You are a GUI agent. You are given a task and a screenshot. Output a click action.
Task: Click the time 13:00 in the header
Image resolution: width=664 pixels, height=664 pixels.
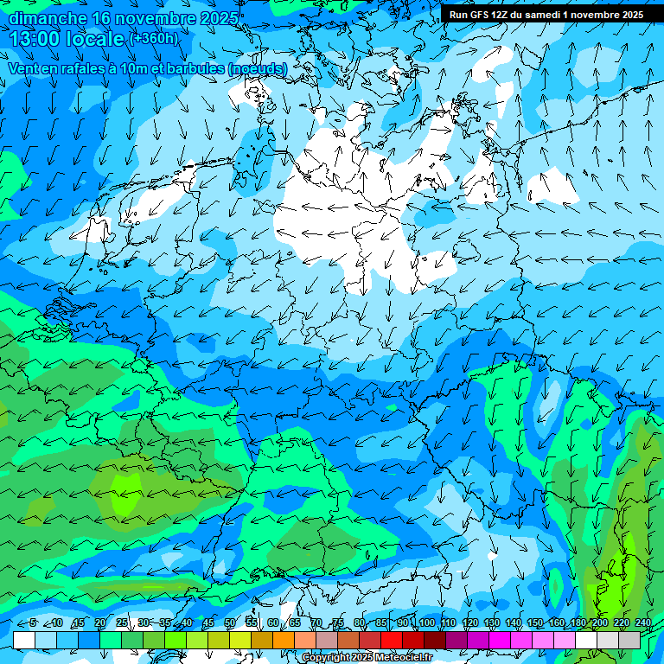38,39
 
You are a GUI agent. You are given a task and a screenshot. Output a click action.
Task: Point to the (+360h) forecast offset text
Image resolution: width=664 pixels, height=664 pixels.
154,39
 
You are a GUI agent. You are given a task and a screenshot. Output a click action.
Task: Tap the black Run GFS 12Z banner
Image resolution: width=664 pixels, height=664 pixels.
546,15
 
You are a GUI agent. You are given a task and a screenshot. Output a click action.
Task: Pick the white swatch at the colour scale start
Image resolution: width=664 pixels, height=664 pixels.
24,641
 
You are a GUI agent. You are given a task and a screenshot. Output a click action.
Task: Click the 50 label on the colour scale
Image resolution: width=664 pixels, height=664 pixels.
230,623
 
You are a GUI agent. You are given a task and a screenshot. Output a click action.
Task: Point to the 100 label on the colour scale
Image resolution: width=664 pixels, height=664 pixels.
425,623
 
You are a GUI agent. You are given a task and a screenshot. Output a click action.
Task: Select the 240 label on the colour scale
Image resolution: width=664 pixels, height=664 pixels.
643,623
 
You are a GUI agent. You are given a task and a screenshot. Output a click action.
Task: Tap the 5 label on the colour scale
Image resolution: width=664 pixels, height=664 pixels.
33,623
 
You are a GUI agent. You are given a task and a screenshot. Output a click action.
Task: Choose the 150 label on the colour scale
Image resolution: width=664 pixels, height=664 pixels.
535,623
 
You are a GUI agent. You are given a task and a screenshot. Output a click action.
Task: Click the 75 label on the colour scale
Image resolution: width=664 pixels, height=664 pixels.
338,623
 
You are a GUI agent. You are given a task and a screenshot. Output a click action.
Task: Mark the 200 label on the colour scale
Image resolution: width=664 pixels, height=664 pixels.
600,623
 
